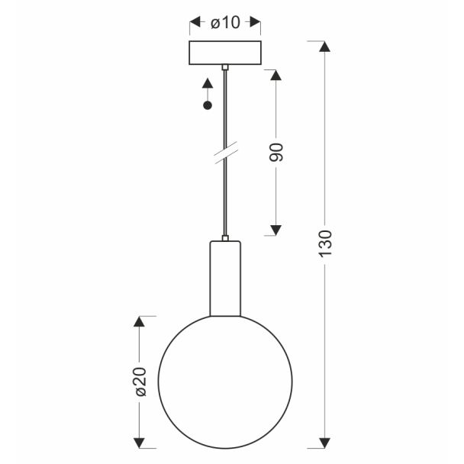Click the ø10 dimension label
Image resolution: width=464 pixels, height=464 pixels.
[x=225, y=22]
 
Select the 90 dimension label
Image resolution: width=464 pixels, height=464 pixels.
[x=276, y=152]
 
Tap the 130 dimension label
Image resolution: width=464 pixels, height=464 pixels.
[x=325, y=243]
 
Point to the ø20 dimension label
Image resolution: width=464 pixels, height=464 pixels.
[x=141, y=382]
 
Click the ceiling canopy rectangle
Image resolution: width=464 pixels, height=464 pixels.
[x=225, y=53]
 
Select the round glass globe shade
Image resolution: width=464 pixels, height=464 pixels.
[x=225, y=382]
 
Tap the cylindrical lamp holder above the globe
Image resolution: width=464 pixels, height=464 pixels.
[x=225, y=279]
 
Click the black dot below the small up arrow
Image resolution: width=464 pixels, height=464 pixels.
[x=208, y=105]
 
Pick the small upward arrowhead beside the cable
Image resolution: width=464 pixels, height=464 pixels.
[x=208, y=83]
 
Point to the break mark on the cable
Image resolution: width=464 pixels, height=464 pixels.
[x=226, y=153]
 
